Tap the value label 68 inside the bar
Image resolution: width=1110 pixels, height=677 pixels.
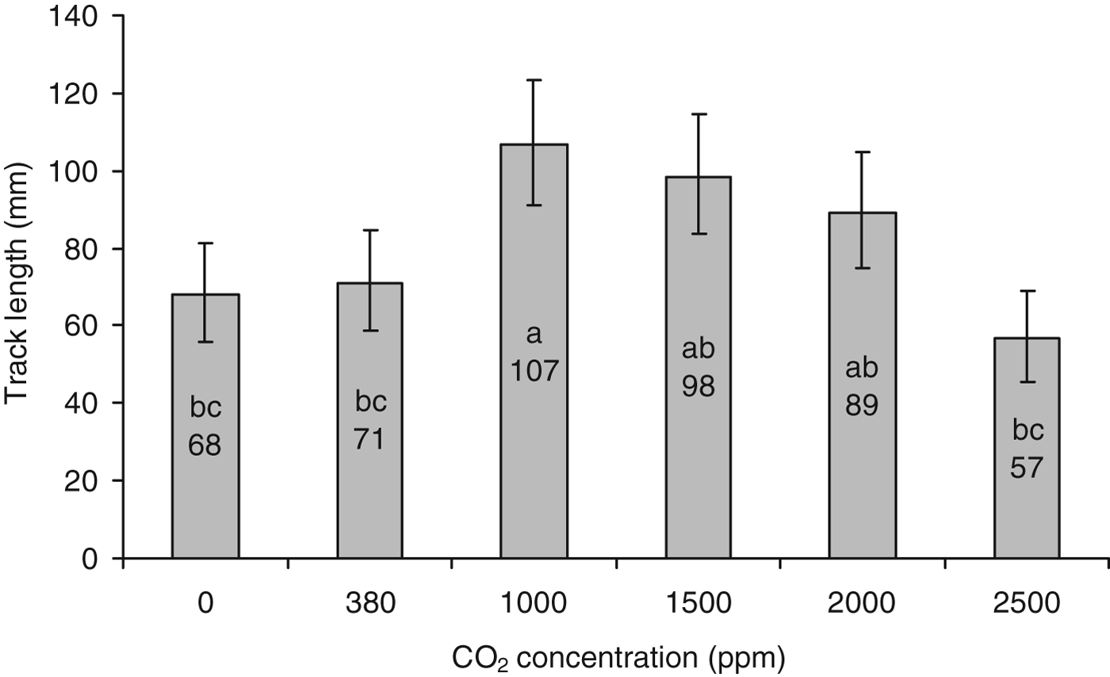205,446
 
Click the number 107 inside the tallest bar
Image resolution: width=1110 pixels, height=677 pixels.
534,370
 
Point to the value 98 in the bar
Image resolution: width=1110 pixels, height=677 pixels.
698,386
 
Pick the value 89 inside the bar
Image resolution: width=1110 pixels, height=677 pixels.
862,405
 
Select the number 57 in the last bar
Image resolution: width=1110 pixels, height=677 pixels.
1028,468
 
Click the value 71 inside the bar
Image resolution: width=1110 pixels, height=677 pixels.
369,438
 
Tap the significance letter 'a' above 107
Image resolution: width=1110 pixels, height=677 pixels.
534,335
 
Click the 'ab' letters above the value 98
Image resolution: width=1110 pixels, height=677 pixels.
698,349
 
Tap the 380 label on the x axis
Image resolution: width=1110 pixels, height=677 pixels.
369,604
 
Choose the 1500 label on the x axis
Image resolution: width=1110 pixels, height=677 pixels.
698,604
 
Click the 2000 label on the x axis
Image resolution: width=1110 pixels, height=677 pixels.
862,604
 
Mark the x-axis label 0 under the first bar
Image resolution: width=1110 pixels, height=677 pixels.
205,604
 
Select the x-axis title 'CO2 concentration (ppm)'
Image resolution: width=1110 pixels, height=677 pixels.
618,657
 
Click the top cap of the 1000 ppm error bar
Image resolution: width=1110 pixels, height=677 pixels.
534,80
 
